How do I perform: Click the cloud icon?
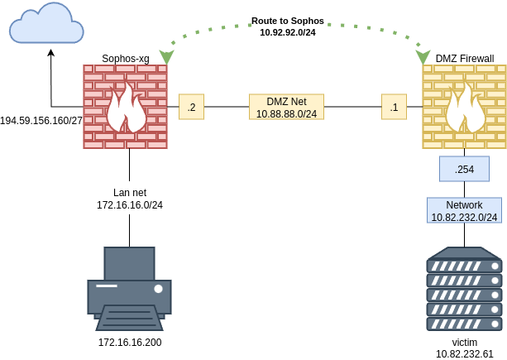(x=46, y=25)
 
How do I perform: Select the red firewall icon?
(x=125, y=107)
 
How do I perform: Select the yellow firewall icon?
(x=464, y=107)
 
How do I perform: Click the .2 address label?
(x=191, y=107)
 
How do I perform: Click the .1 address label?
(x=394, y=107)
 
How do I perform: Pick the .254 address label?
(x=464, y=169)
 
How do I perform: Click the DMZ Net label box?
(x=286, y=107)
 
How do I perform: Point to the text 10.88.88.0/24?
(x=286, y=113)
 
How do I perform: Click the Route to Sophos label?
(x=288, y=20)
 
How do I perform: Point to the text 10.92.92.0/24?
(x=288, y=32)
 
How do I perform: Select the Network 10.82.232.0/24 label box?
(x=464, y=210)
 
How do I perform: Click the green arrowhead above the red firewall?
(x=166, y=57)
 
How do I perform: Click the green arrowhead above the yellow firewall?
(x=423, y=57)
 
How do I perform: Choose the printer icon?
(x=129, y=288)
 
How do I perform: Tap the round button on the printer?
(x=158, y=289)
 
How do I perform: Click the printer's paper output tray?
(x=129, y=319)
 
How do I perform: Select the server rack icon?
(x=464, y=289)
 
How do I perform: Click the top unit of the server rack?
(x=464, y=266)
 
